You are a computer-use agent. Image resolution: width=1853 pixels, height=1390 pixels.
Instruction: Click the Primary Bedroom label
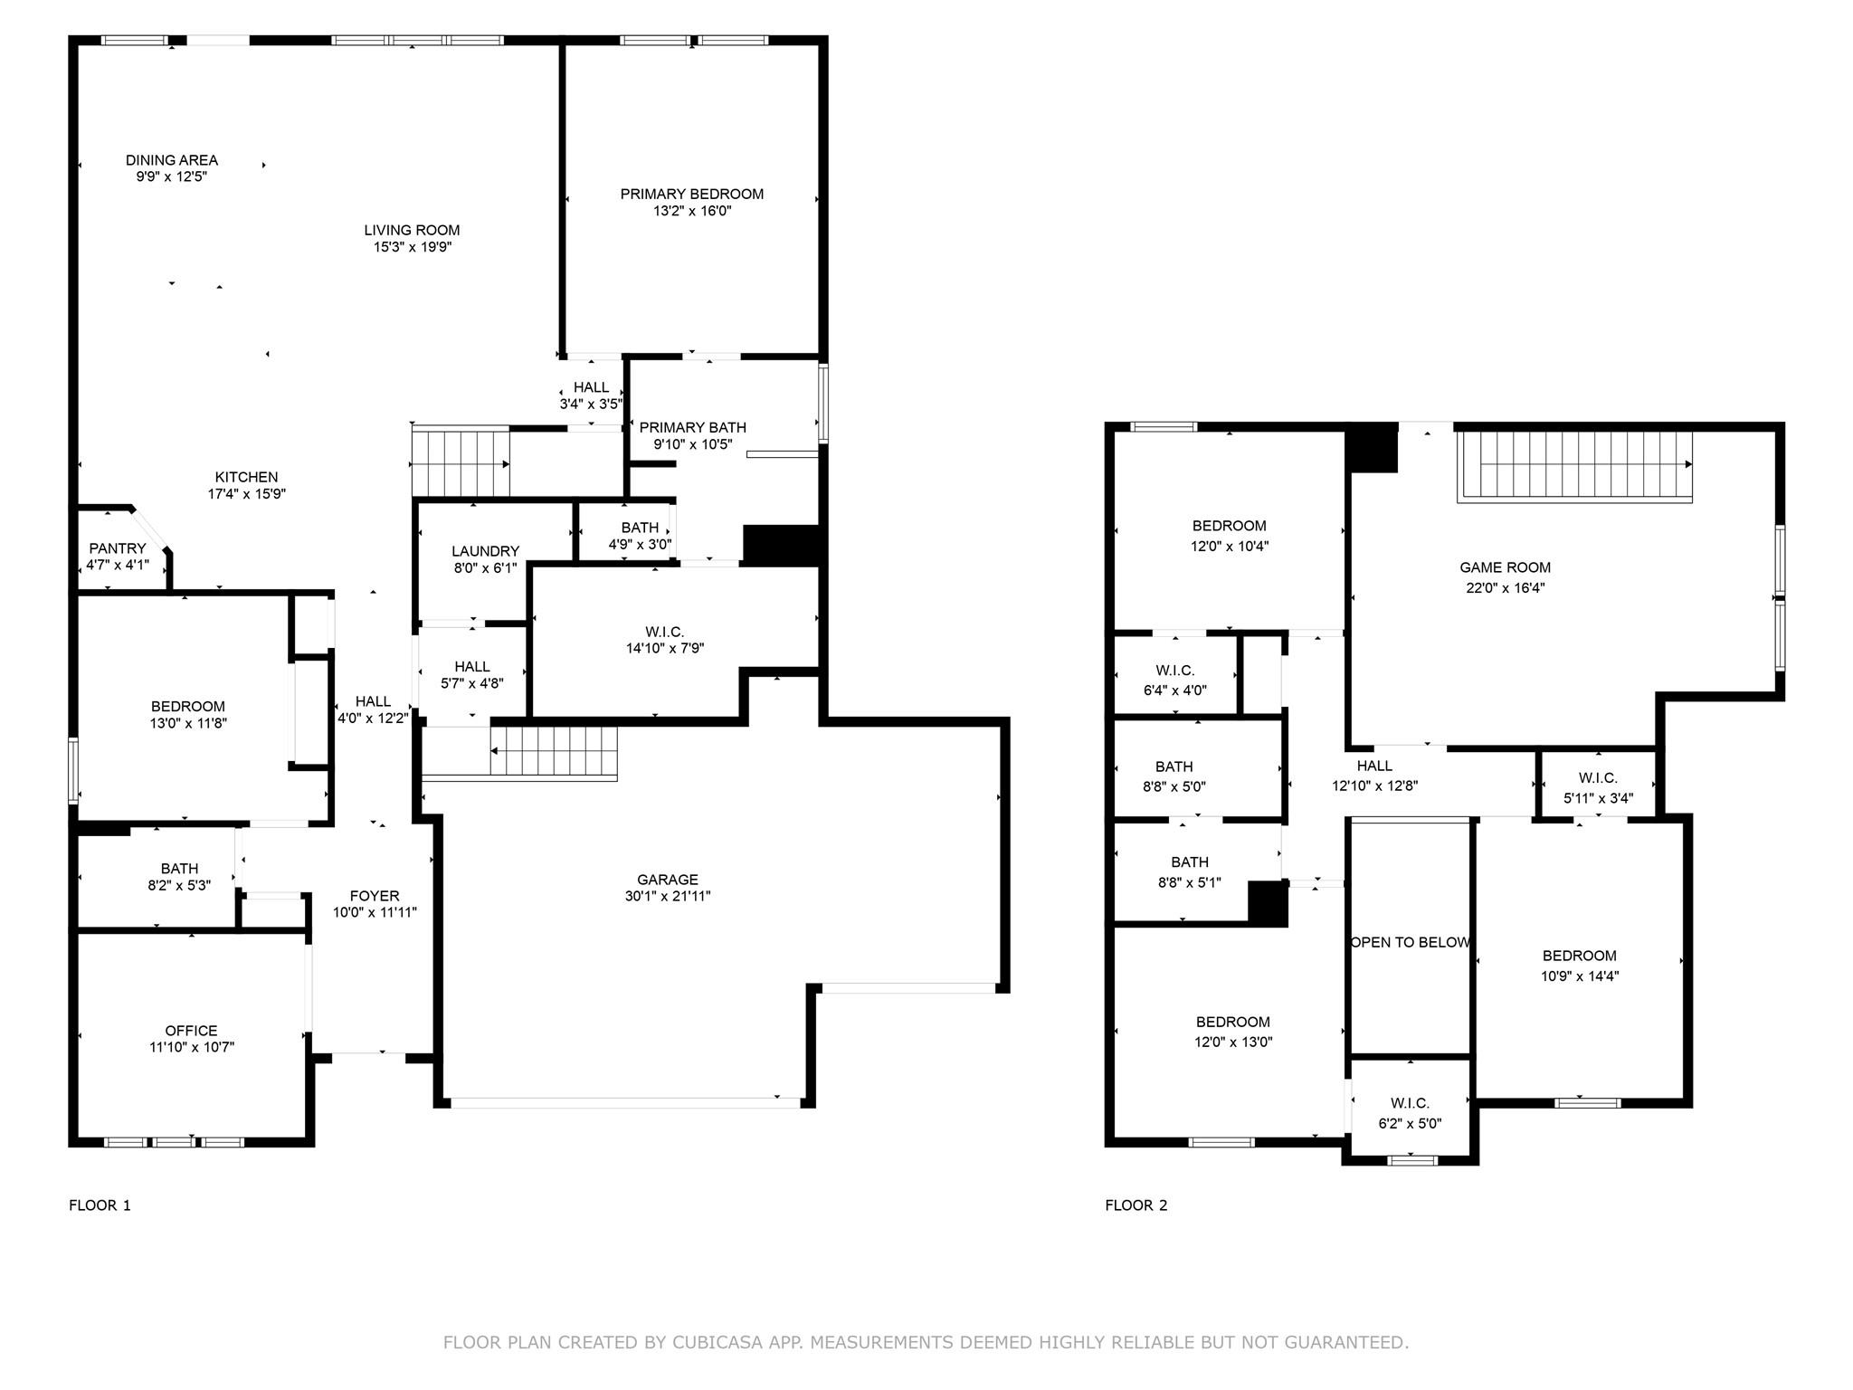691,194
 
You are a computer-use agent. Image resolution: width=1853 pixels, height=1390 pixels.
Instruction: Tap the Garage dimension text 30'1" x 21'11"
668,896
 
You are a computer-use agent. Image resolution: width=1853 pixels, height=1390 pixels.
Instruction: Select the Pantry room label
118,548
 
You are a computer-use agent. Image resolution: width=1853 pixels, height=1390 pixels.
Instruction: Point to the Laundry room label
485,551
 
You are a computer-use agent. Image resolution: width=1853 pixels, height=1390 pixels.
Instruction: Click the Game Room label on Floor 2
1505,567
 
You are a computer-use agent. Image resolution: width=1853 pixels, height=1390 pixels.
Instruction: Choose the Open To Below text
1410,942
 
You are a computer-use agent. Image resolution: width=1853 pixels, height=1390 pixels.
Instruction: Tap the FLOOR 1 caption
100,1205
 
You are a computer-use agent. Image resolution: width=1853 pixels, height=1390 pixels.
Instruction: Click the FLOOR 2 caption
1136,1205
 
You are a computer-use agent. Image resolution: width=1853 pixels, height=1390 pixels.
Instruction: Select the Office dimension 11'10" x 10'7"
191,1047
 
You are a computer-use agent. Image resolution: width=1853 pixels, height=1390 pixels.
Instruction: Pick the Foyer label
375,896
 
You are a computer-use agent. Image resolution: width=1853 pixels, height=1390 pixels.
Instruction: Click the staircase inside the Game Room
1574,465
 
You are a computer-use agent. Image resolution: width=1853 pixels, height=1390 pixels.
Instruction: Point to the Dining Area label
172,160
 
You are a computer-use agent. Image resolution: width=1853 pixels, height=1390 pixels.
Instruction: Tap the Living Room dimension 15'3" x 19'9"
413,247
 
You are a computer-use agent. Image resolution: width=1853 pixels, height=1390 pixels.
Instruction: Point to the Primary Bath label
693,427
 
